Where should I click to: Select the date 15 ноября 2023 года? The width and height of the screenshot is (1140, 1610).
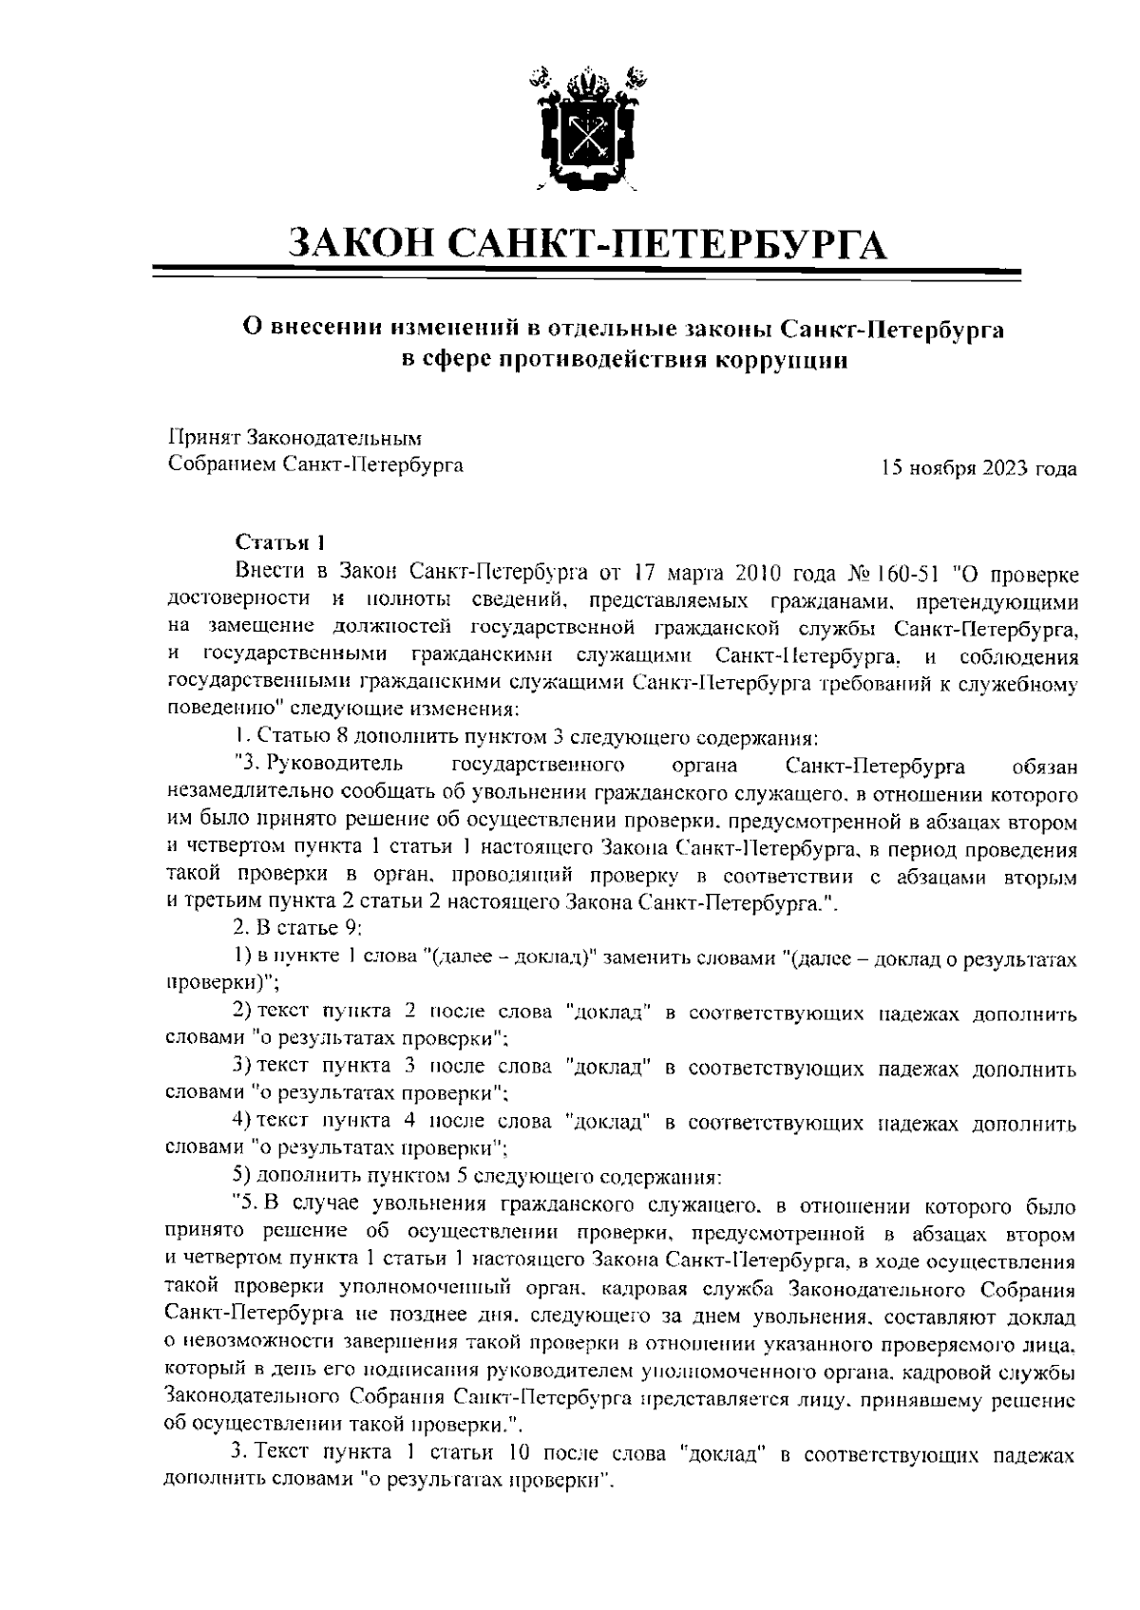click(x=978, y=468)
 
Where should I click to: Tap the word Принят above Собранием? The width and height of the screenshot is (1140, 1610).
click(x=203, y=438)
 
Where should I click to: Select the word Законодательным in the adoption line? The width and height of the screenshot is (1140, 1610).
click(x=332, y=438)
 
